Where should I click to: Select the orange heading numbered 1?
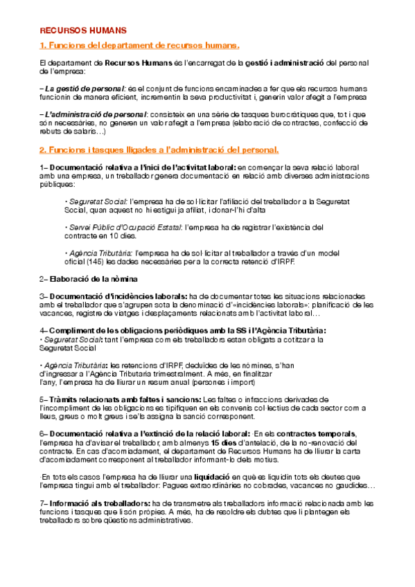pyautogui.click(x=140, y=46)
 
